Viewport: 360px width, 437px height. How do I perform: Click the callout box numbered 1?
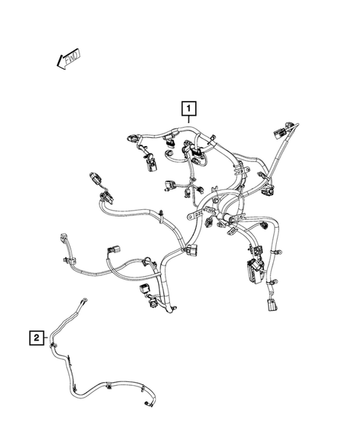pos(191,110)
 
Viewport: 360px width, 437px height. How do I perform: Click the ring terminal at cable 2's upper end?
pos(86,299)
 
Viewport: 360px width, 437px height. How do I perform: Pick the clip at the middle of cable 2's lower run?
pos(108,386)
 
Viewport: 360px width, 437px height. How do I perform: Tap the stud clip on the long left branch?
pos(160,215)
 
